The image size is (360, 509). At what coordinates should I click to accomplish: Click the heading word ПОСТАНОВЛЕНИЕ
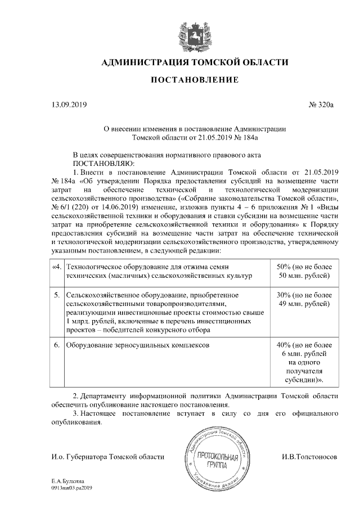pyautogui.click(x=194, y=80)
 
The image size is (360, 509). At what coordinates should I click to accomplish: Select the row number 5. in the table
pyautogui.click(x=57, y=295)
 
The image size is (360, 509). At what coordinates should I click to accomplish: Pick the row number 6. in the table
pyautogui.click(x=57, y=344)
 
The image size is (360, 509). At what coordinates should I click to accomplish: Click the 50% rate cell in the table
pyautogui.click(x=304, y=271)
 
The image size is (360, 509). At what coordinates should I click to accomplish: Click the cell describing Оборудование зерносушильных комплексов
pyautogui.click(x=137, y=344)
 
